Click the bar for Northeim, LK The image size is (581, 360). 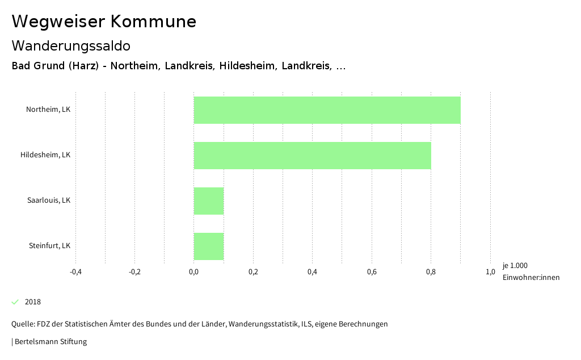pos(327,110)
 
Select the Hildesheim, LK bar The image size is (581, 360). pos(312,156)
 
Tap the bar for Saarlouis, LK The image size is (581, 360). pos(209,201)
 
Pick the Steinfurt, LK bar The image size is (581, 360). pos(209,246)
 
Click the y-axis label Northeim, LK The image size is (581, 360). pos(48,110)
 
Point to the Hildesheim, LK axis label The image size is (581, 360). pos(45,155)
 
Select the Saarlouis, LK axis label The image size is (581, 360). pos(49,200)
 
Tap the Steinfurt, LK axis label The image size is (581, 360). pos(49,246)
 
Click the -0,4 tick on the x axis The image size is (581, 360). pos(75,272)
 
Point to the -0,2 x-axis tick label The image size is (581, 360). pos(134,272)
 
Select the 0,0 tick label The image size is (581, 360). pos(194,272)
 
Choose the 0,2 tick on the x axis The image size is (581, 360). pos(253,272)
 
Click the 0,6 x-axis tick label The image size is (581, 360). pos(372,272)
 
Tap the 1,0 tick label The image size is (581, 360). pos(490,272)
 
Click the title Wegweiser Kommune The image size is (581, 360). pos(104,22)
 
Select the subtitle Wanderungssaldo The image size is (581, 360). pos(71,45)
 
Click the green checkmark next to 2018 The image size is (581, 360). pos(15,302)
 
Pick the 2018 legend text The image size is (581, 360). pos(33,302)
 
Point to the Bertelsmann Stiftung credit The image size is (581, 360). pos(50,342)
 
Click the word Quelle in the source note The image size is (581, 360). pos(23,324)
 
